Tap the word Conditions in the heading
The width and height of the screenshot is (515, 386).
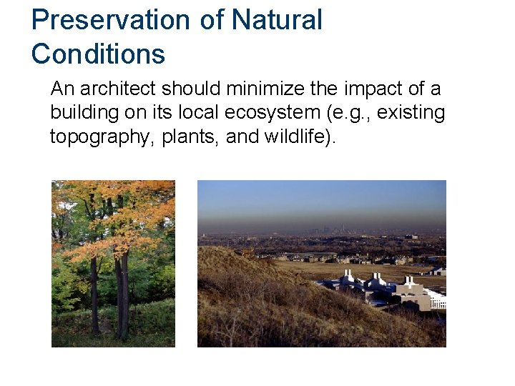(x=98, y=54)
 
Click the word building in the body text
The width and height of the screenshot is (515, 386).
(x=78, y=113)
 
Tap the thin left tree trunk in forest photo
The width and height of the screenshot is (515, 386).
(x=94, y=293)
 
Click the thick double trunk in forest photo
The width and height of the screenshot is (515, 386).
(x=122, y=293)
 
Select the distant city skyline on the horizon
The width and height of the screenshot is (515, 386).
(x=336, y=231)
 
